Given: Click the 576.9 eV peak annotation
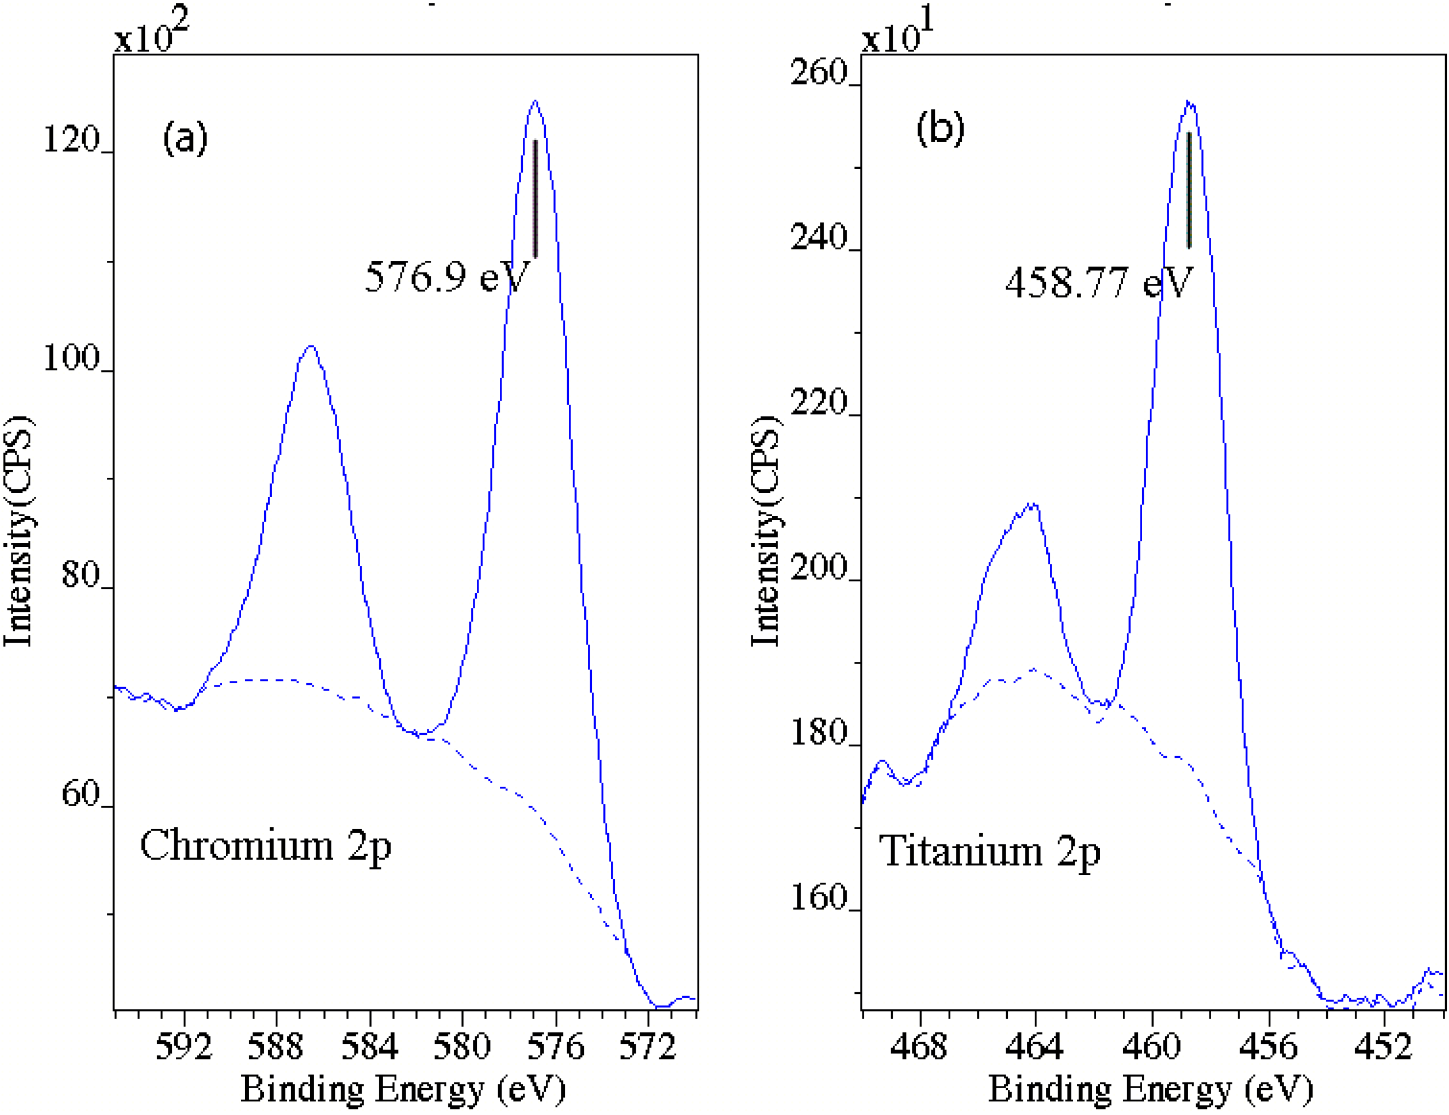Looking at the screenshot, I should (x=447, y=277).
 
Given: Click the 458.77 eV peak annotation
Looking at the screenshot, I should (x=1099, y=283).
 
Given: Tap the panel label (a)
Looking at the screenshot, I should (x=185, y=138).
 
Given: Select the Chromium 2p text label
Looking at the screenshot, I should (x=265, y=846).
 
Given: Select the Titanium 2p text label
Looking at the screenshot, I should (x=990, y=851).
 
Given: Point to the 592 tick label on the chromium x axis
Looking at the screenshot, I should (x=183, y=1047).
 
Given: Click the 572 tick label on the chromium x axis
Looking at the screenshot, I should (x=647, y=1047).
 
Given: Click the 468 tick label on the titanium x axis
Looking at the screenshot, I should (x=919, y=1047).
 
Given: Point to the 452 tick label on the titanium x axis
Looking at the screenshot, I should (x=1383, y=1047).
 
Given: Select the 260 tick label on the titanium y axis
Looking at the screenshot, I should (x=818, y=72).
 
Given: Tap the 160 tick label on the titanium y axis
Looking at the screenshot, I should (x=818, y=897).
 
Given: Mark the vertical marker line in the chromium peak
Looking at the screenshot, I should (x=535, y=198).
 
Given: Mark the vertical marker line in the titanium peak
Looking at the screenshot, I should (x=1189, y=190).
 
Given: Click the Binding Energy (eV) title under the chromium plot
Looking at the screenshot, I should (x=403, y=1090).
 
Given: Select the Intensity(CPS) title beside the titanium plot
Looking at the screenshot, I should (x=766, y=530).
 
